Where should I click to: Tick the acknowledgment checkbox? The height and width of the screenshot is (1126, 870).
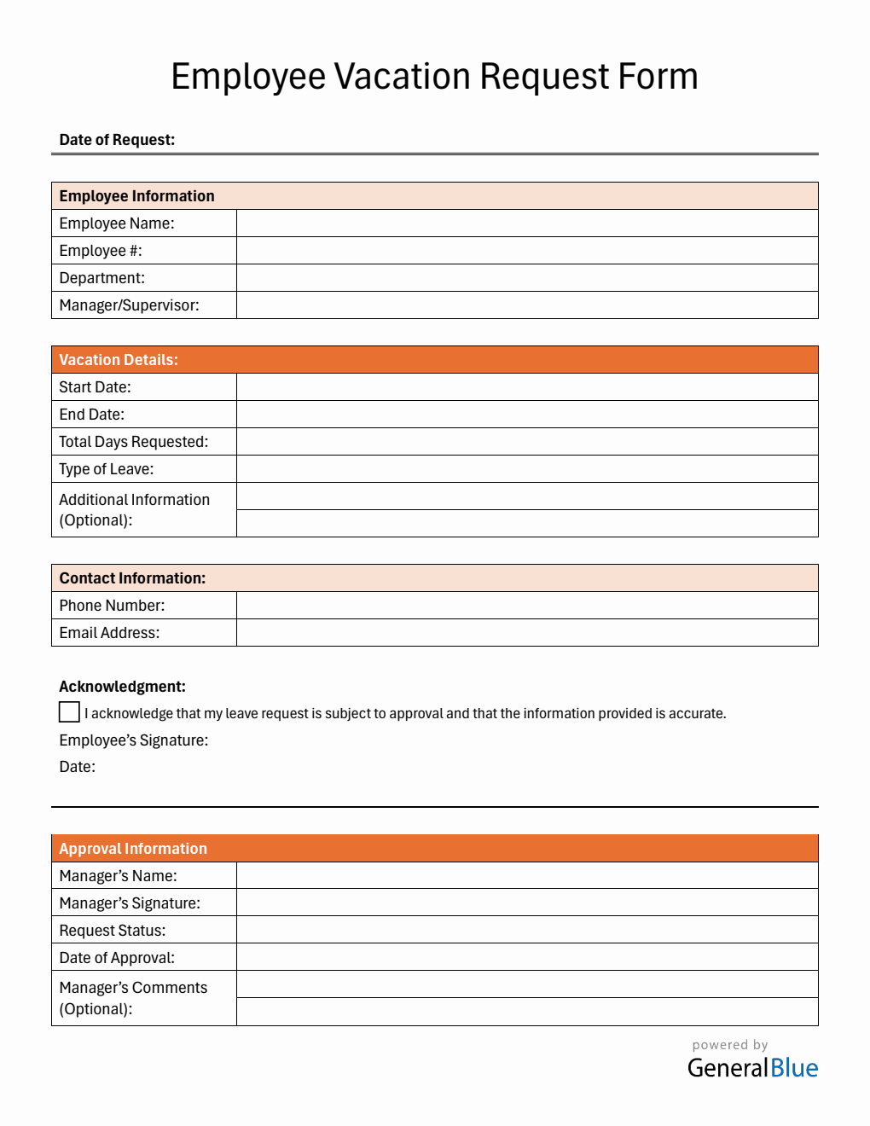69,712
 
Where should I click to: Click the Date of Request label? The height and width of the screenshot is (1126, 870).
117,140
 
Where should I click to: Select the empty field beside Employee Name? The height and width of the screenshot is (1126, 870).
527,223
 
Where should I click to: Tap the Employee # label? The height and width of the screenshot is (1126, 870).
101,251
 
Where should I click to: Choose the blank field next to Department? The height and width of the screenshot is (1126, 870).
527,278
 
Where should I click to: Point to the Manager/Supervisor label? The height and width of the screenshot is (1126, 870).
129,305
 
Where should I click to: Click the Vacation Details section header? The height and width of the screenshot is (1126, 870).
119,360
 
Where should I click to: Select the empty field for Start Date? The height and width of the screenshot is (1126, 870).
527,387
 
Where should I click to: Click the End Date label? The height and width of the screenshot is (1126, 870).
91,415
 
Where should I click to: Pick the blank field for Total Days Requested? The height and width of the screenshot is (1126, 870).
527,442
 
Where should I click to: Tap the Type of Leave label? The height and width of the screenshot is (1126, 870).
106,469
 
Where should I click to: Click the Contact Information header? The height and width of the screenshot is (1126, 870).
132,578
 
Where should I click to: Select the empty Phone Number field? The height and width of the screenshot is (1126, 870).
527,606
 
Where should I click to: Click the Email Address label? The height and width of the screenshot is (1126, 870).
109,633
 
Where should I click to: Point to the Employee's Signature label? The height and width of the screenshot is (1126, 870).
133,740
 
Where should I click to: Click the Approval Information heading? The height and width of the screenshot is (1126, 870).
133,849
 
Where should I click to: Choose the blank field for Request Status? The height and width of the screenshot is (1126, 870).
527,930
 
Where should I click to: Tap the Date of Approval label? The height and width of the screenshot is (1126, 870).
117,958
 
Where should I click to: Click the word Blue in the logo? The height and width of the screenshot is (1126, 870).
794,1068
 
